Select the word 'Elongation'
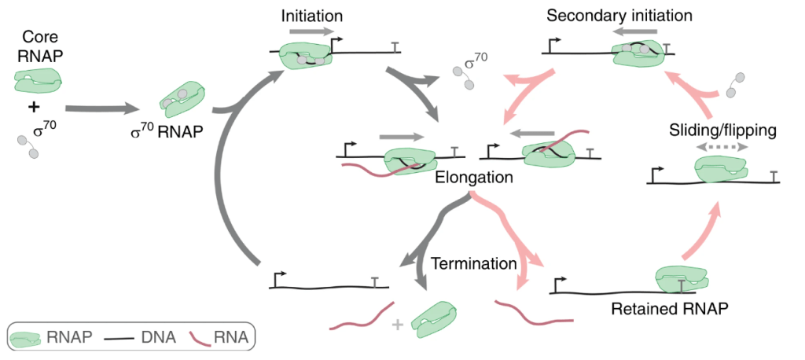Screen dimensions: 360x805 pos(474,178)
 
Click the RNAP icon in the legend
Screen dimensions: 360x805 pos(26,339)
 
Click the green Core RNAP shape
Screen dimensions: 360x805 pos(37,79)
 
